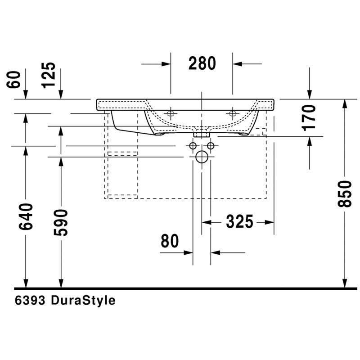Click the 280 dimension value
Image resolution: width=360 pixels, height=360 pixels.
(x=202, y=63)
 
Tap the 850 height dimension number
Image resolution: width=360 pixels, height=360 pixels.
(x=345, y=194)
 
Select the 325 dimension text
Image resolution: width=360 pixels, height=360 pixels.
(x=239, y=222)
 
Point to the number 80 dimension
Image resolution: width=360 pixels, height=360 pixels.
(x=170, y=241)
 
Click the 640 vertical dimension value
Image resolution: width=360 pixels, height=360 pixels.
(x=26, y=216)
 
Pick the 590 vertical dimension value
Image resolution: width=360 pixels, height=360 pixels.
(x=61, y=222)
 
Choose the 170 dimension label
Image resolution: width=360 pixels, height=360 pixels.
(x=309, y=118)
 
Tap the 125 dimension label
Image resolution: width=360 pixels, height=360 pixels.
(x=49, y=75)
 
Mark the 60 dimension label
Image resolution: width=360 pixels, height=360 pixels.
(x=13, y=80)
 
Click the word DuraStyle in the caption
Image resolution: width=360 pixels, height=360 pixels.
(x=83, y=300)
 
